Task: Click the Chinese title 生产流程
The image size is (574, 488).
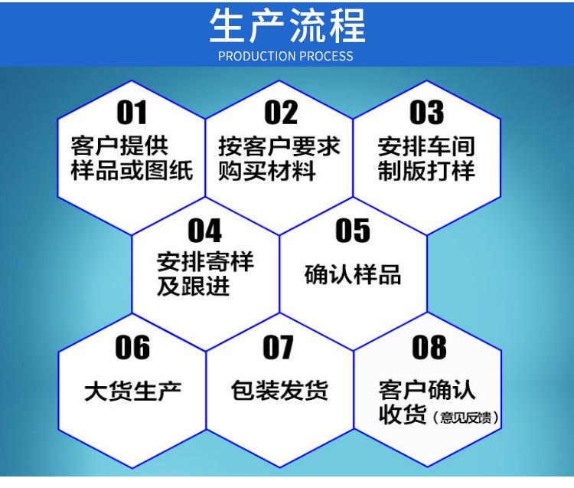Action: pyautogui.click(x=287, y=25)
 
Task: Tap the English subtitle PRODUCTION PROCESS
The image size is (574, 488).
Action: pyautogui.click(x=285, y=56)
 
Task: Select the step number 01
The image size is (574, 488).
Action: pyautogui.click(x=132, y=113)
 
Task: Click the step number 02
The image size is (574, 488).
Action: pyautogui.click(x=281, y=113)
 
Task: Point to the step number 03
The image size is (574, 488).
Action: pyautogui.click(x=427, y=113)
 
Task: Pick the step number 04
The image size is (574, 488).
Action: pyautogui.click(x=205, y=231)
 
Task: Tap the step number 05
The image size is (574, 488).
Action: pyautogui.click(x=353, y=231)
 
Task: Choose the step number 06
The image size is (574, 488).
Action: pyautogui.click(x=132, y=347)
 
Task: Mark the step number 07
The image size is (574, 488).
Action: pyautogui.click(x=279, y=347)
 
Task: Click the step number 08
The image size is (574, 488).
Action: pyautogui.click(x=429, y=347)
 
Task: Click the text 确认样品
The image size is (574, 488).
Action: pyautogui.click(x=353, y=274)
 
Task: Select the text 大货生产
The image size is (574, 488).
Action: pyautogui.click(x=133, y=391)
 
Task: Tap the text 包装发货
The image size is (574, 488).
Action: pyautogui.click(x=279, y=390)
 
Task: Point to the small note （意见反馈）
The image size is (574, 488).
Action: pyautogui.click(x=465, y=418)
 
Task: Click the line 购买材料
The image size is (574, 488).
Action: pyautogui.click(x=267, y=171)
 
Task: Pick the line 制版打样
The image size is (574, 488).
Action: pyautogui.click(x=426, y=171)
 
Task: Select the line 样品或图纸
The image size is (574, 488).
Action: pyautogui.click(x=132, y=171)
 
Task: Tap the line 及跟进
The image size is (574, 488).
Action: pyautogui.click(x=194, y=286)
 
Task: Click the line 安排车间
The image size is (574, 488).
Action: pyautogui.click(x=426, y=146)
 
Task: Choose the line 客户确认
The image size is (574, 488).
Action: pyautogui.click(x=427, y=390)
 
